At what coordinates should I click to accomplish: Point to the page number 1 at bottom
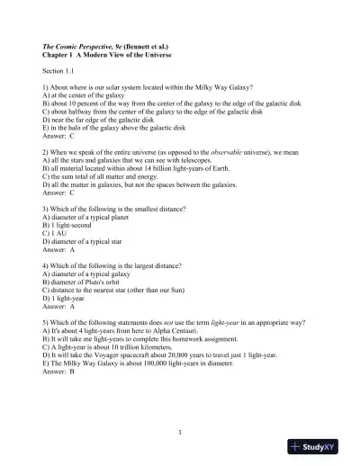180,433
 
